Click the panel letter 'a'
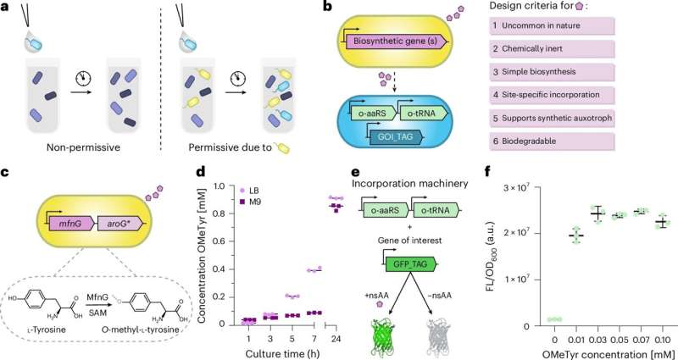7,8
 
